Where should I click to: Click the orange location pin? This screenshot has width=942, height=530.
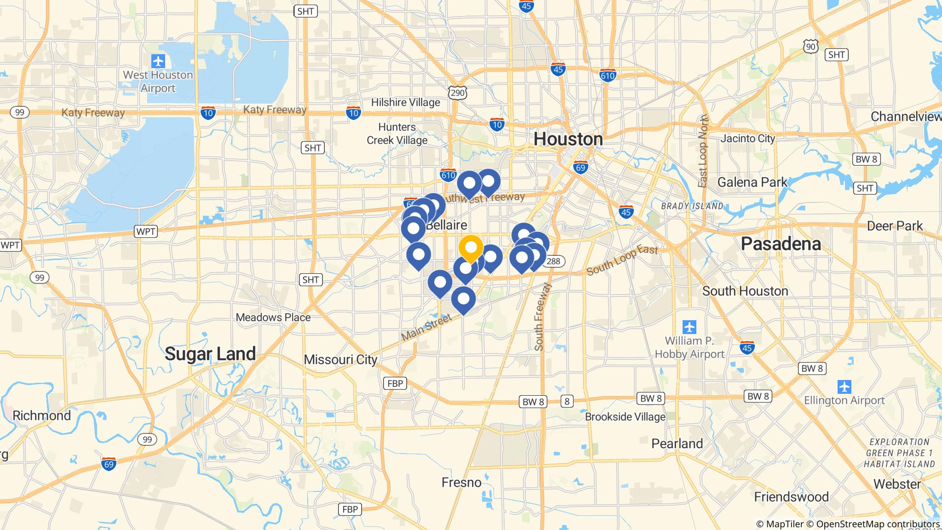click(x=471, y=248)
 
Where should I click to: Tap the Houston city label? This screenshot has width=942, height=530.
click(x=568, y=139)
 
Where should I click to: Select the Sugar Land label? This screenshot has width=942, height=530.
click(x=210, y=354)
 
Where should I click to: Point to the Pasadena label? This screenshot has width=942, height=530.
click(x=781, y=243)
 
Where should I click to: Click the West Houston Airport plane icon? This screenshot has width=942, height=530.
click(x=158, y=61)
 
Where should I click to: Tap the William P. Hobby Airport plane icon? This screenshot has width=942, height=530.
click(x=689, y=327)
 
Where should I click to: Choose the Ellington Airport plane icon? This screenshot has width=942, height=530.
click(x=844, y=386)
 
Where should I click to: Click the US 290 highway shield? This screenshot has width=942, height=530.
click(x=458, y=93)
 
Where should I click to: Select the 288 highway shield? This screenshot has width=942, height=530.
click(x=554, y=261)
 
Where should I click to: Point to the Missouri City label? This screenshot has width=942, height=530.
click(x=340, y=359)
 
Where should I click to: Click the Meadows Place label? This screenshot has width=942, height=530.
click(x=273, y=317)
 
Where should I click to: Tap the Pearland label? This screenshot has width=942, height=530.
click(x=677, y=444)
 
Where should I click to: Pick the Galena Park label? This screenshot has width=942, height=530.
click(x=752, y=183)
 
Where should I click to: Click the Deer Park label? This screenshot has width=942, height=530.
click(x=895, y=226)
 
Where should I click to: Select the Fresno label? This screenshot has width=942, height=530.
click(x=461, y=482)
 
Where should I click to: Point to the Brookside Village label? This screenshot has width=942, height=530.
click(x=625, y=417)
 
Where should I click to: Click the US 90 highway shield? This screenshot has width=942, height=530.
click(x=811, y=46)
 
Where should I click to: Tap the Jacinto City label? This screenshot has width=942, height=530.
click(x=748, y=138)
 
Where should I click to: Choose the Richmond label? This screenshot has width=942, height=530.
click(x=41, y=416)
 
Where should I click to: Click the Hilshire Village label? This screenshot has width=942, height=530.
click(x=405, y=102)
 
